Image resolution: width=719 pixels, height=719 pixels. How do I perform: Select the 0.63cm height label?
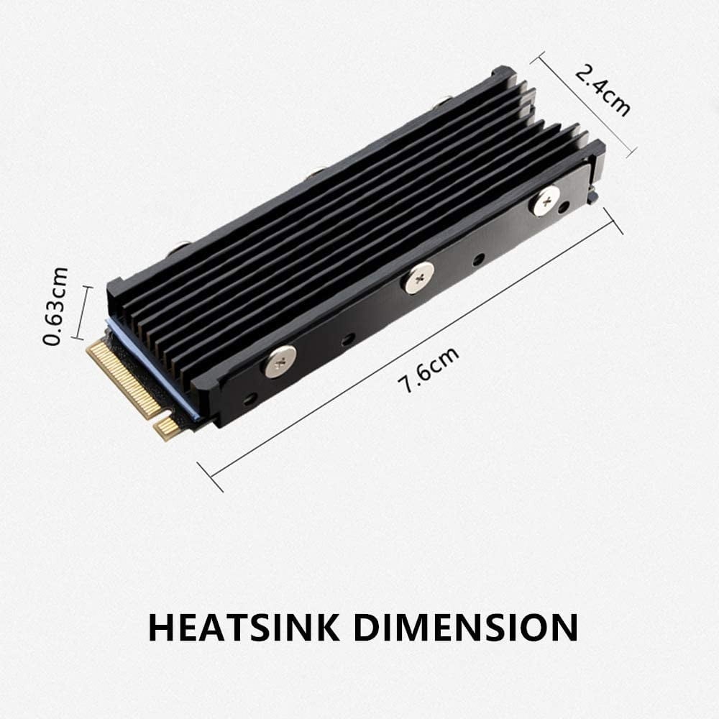[56, 306]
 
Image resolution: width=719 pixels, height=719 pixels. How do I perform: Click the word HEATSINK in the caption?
[244, 626]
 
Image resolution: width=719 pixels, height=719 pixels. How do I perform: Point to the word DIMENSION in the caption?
[467, 626]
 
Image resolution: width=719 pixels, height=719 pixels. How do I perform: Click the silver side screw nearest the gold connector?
[280, 360]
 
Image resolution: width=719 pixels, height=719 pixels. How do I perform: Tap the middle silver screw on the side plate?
[418, 277]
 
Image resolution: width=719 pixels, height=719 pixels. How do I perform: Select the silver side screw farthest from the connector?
[544, 200]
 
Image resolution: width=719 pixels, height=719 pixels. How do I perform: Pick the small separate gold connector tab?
[168, 429]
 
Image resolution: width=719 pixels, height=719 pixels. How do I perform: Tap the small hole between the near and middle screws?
[347, 338]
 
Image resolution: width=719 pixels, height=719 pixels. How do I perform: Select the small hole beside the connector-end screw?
[249, 398]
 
